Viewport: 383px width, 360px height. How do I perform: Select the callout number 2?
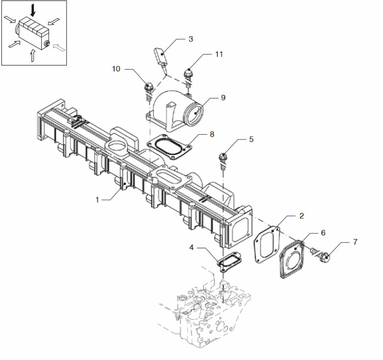click(302, 216)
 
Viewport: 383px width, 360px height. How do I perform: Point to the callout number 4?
click(191, 248)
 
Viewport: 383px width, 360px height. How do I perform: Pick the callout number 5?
click(251, 139)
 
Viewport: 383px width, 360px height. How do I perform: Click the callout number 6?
click(323, 232)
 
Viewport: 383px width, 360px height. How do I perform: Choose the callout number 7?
click(355, 242)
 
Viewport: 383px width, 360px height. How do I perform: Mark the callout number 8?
click(213, 136)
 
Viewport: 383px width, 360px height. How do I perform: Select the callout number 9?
click(223, 98)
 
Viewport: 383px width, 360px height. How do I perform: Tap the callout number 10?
click(116, 69)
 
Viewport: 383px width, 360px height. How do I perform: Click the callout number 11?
click(219, 55)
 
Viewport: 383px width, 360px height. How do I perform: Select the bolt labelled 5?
click(223, 158)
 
